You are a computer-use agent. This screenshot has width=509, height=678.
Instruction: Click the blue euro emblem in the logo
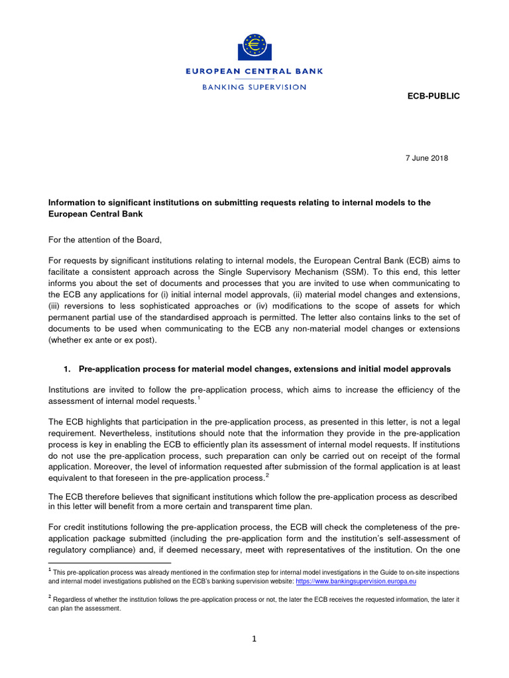(254, 46)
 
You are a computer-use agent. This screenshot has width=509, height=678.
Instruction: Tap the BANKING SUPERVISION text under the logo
(254, 87)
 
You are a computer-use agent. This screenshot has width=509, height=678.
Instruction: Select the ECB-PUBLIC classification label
(433, 96)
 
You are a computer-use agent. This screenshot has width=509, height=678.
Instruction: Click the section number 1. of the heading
(69, 368)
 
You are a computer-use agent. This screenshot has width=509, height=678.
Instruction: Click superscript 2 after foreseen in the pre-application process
(267, 475)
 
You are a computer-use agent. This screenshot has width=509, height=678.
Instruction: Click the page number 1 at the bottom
(254, 639)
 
